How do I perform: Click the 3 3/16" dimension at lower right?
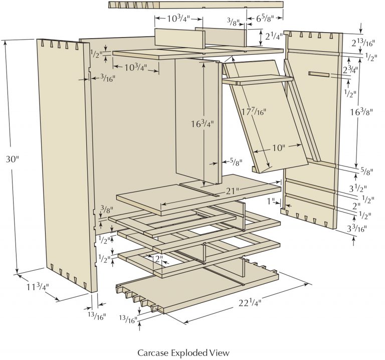click(357, 229)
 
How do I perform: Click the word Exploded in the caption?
click(190, 352)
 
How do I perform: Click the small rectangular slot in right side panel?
click(319, 75)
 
